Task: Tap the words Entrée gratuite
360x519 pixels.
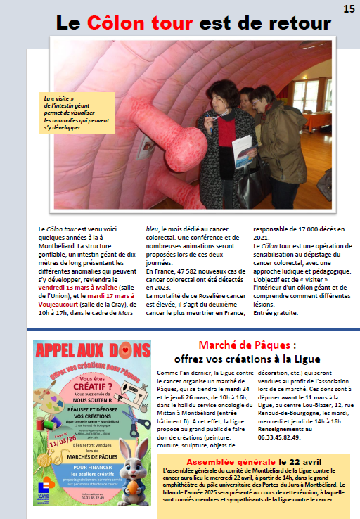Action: (275, 312)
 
